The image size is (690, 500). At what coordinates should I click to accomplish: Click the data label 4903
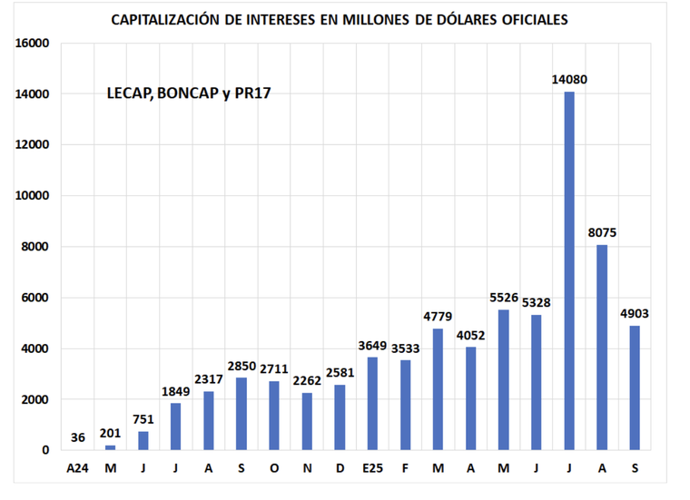pyautogui.click(x=635, y=314)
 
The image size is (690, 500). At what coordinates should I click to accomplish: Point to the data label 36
pyautogui.click(x=78, y=438)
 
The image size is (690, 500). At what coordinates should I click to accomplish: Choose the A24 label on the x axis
pyautogui.click(x=78, y=468)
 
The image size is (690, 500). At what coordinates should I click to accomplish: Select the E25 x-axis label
pyautogui.click(x=372, y=468)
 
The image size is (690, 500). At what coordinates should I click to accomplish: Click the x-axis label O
pyautogui.click(x=274, y=468)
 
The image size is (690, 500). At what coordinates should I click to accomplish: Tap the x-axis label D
pyautogui.click(x=340, y=468)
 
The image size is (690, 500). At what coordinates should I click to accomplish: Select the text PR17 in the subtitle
pyautogui.click(x=253, y=93)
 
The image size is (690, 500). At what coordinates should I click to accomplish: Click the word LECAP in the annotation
pyautogui.click(x=128, y=93)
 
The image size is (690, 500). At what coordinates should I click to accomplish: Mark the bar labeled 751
pyautogui.click(x=143, y=440)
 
